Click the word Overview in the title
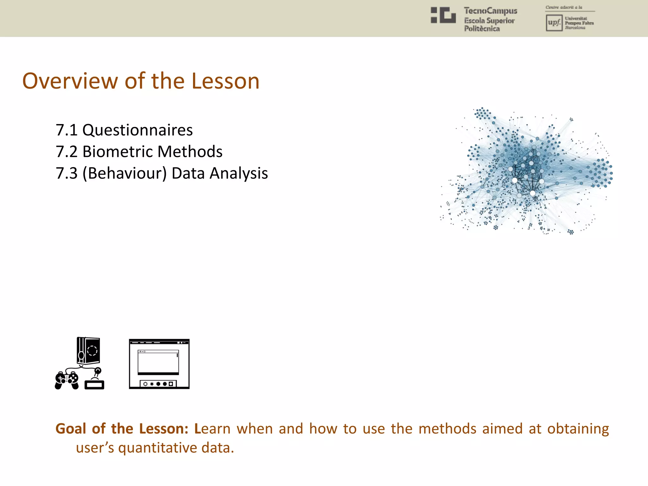70,81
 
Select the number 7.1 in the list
66,130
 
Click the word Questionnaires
137,130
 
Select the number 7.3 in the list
66,173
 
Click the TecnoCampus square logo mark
443,15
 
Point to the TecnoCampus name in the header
490,11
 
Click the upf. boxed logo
554,23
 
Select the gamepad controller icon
67,380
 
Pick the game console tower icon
88,351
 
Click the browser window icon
159,364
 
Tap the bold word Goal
71,429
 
